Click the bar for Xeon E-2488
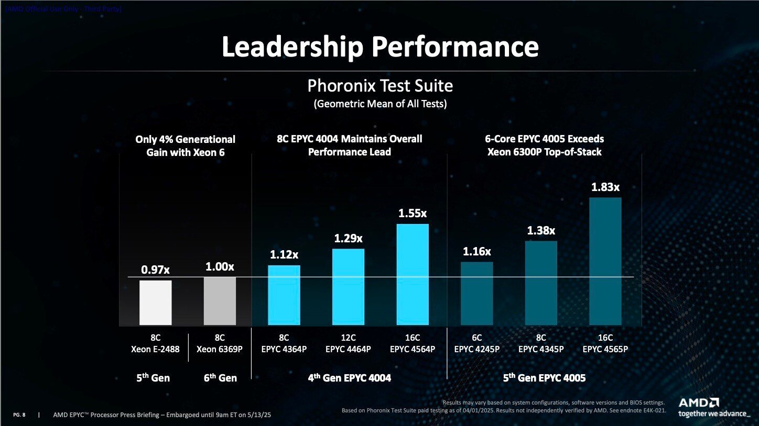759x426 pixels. pyautogui.click(x=155, y=302)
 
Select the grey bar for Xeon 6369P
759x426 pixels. pyautogui.click(x=220, y=301)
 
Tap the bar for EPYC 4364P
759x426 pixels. pyautogui.click(x=284, y=295)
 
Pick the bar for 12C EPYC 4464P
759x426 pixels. pyautogui.click(x=348, y=287)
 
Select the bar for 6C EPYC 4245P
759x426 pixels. pyautogui.click(x=476, y=294)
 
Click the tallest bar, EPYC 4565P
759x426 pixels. pyautogui.click(x=605, y=261)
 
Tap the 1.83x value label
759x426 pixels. pyautogui.click(x=605, y=187)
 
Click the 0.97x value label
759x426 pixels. pyautogui.click(x=156, y=270)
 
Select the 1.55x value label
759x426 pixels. pyautogui.click(x=413, y=214)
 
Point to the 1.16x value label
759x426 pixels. pyautogui.click(x=476, y=251)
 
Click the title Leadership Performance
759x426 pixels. pyautogui.click(x=380, y=47)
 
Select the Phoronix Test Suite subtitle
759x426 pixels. pyautogui.click(x=380, y=85)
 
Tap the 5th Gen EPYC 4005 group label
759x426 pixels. pyautogui.click(x=544, y=377)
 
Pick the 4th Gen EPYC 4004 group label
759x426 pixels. pyautogui.click(x=350, y=377)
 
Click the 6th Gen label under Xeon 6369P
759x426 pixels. pyautogui.click(x=220, y=378)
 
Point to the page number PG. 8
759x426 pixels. pyautogui.click(x=19, y=415)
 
